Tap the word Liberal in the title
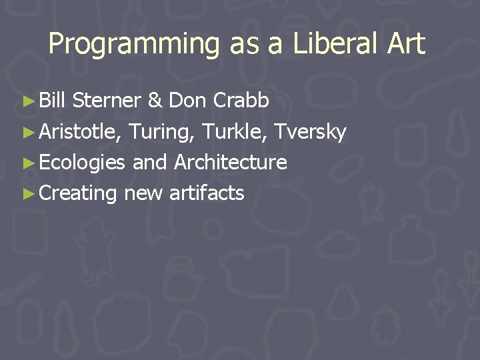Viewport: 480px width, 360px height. click(321, 44)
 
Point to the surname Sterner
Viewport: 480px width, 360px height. click(107, 101)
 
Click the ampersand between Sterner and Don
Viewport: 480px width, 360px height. click(155, 101)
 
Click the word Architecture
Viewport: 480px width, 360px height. click(231, 163)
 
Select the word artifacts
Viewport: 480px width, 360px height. click(207, 193)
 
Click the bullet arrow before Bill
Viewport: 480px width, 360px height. click(27, 101)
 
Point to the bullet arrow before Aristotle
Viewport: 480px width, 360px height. click(27, 133)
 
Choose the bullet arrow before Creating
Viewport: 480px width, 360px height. click(27, 194)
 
